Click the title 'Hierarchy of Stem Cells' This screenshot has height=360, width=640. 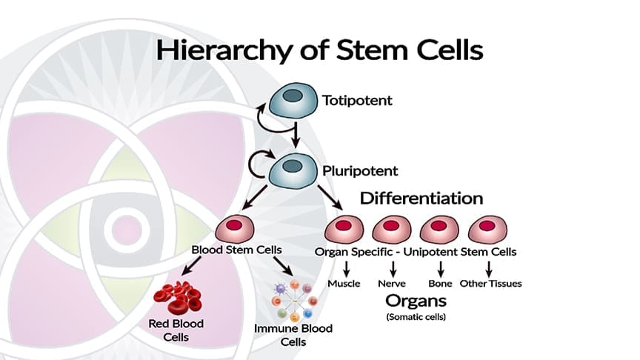(319, 50)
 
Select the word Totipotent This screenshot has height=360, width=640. (358, 99)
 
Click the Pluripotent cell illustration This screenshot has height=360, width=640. (293, 171)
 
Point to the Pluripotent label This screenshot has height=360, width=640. (361, 171)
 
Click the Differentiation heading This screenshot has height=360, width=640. (421, 199)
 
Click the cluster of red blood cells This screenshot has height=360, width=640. (177, 296)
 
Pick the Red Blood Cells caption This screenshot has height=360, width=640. (176, 330)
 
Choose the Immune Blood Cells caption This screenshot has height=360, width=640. (293, 335)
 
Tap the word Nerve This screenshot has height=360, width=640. (391, 284)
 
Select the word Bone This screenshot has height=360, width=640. (440, 284)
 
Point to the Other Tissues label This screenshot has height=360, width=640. (490, 284)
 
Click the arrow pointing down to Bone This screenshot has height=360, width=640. (440, 267)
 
